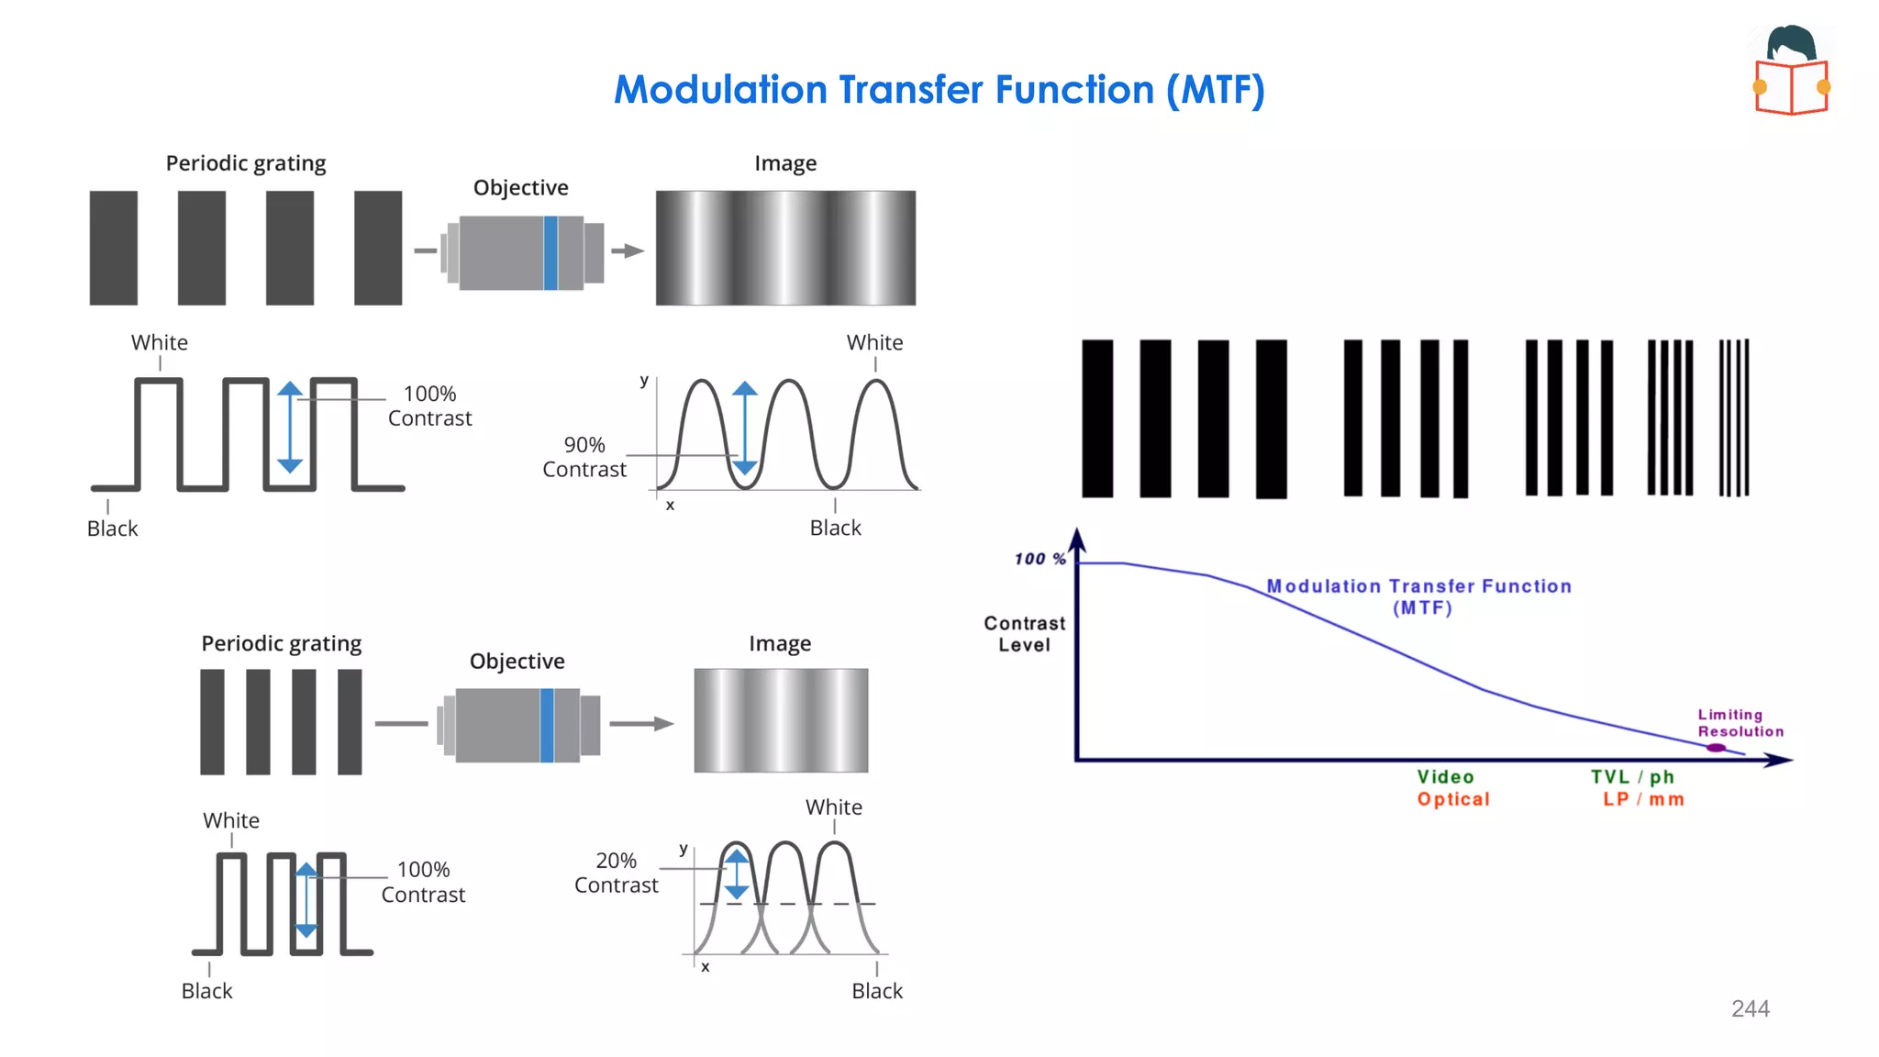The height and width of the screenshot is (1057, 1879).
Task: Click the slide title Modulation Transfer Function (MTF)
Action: coord(939,90)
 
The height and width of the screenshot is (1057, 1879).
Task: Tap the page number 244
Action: coord(1750,1008)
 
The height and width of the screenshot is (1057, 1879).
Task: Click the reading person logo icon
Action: coord(1792,71)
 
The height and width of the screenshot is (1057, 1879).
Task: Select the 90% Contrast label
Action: coord(584,457)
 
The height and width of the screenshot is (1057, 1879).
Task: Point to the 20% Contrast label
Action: coord(616,873)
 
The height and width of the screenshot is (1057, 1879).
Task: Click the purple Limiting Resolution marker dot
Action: coord(1716,748)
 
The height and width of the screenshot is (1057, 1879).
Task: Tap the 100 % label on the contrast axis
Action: coord(1040,559)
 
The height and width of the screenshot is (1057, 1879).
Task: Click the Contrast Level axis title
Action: coord(1024,634)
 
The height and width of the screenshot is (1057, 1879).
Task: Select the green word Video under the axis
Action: coord(1445,777)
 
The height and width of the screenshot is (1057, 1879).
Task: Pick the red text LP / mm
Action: coord(1643,799)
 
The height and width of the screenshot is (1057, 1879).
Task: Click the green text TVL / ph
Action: coord(1632,777)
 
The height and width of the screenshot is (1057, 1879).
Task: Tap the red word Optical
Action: coord(1453,799)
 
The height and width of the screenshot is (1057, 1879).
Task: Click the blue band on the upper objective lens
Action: coord(550,253)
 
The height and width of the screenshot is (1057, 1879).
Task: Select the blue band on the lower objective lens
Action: coord(547,725)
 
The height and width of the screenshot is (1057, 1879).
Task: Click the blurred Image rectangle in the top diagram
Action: coord(785,248)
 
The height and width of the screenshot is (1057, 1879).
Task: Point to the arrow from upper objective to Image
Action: coord(628,250)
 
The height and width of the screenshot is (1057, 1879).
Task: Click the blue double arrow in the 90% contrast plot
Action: coord(745,428)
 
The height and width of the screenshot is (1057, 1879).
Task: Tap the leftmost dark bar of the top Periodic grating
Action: coord(114,248)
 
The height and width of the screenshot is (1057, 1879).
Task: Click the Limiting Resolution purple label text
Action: coord(1740,723)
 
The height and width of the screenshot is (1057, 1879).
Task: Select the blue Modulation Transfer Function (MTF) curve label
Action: coord(1418,596)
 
